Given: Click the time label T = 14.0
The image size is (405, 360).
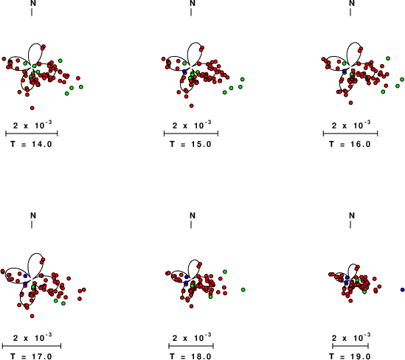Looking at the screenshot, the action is click(x=31, y=144).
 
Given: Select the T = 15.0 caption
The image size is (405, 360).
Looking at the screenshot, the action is click(x=190, y=144).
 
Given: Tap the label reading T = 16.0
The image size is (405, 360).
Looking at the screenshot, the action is click(x=350, y=144).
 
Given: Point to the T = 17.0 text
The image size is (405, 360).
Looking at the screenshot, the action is click(x=31, y=356).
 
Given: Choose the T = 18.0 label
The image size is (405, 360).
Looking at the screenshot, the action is click(x=190, y=356).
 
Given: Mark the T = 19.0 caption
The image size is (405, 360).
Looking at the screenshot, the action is click(x=350, y=356).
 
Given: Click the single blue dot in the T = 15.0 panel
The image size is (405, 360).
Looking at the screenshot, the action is click(x=184, y=72).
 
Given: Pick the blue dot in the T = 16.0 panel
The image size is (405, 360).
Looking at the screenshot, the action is click(x=344, y=71).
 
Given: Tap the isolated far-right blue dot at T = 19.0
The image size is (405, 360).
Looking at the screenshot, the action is click(x=402, y=290).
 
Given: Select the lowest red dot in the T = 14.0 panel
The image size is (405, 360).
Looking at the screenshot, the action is click(x=32, y=108).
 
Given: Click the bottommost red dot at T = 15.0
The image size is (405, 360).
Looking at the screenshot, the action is click(x=191, y=105).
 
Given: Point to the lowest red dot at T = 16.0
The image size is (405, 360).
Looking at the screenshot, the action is click(x=350, y=103).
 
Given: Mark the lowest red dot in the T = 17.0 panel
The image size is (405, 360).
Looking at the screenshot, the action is click(x=32, y=316).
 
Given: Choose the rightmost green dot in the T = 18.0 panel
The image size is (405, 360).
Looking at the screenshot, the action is click(x=243, y=290).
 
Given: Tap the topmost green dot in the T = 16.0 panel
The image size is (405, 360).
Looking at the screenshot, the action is click(x=388, y=58).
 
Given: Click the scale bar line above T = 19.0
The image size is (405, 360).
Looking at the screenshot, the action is click(x=350, y=346).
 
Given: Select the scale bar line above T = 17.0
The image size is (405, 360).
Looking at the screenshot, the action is click(x=32, y=346).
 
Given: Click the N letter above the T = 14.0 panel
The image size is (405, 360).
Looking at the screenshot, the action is click(x=33, y=3).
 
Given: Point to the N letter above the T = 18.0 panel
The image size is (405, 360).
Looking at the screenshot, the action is click(x=193, y=215).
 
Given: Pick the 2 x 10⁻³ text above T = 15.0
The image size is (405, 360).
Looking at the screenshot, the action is click(x=192, y=125).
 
